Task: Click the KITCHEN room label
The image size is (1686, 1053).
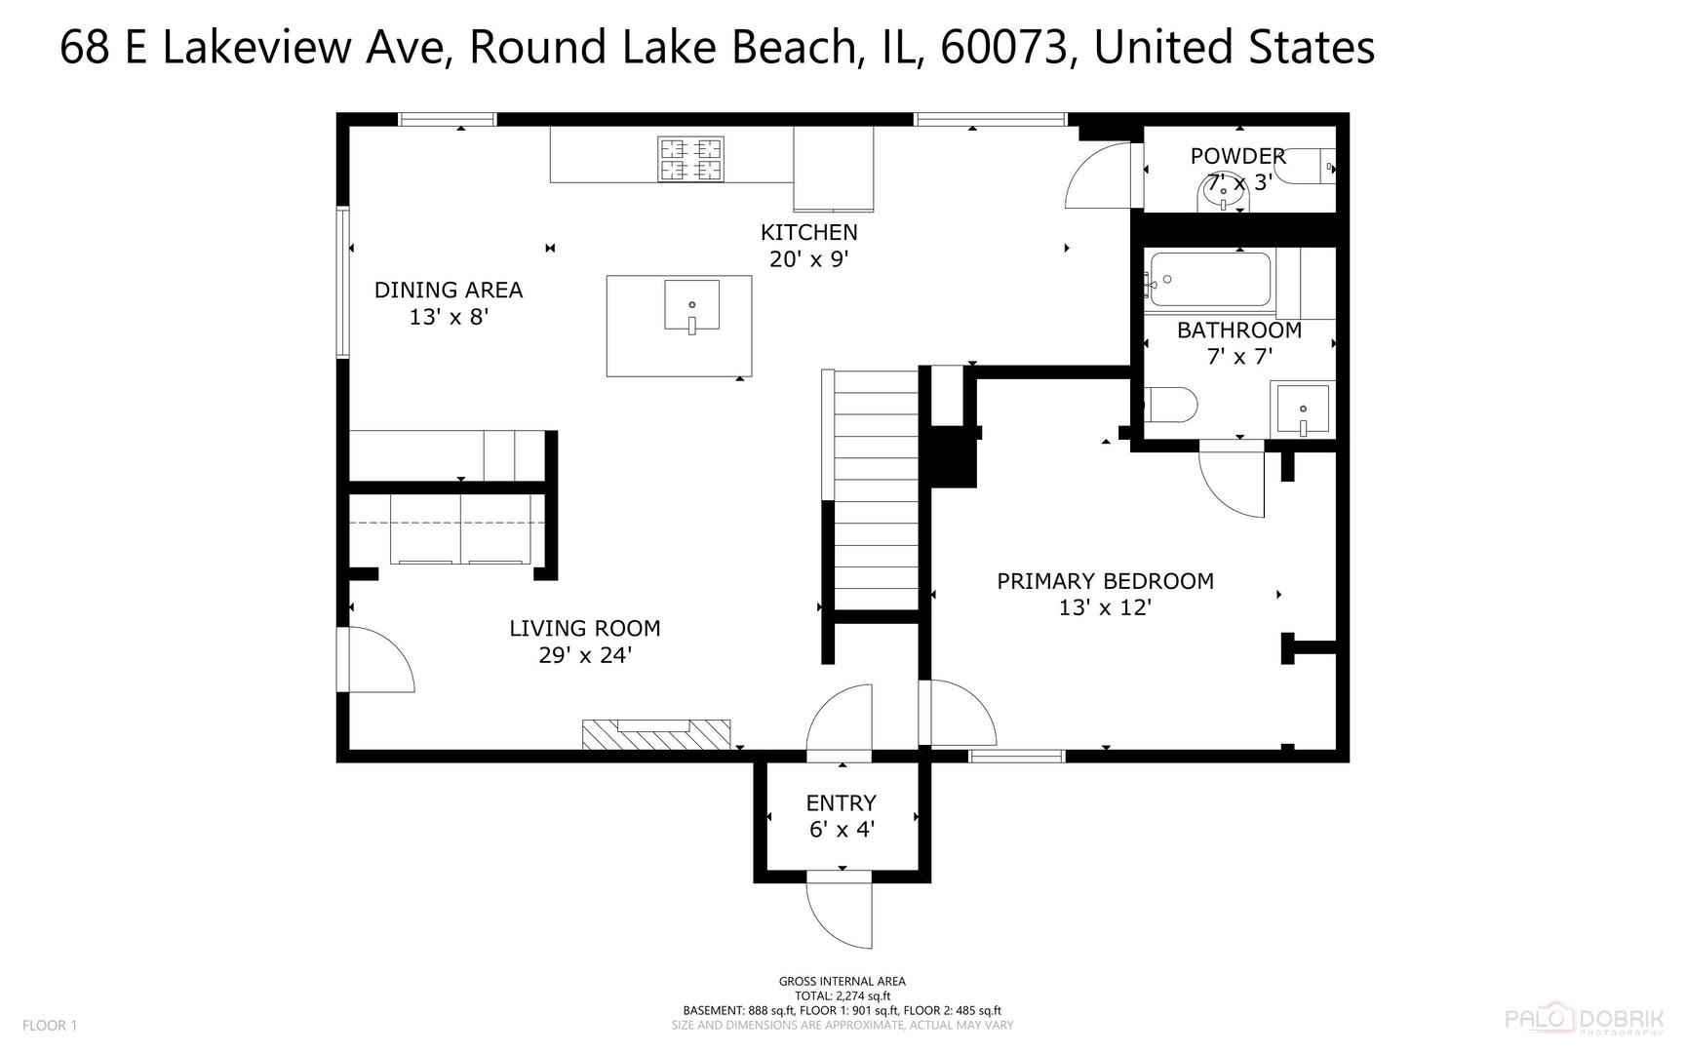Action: click(808, 232)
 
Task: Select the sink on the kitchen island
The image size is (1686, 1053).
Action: click(691, 306)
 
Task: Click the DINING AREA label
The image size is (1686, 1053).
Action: click(449, 290)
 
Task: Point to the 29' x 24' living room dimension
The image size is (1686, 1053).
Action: click(585, 655)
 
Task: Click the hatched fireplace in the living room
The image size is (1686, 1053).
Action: click(655, 734)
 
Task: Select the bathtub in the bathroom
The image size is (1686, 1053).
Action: click(1210, 280)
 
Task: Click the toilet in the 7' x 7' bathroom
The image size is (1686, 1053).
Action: click(1169, 405)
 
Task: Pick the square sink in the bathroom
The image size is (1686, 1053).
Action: click(1302, 410)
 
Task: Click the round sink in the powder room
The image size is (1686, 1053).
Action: click(1223, 196)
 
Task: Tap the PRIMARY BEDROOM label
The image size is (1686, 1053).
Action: click(1105, 581)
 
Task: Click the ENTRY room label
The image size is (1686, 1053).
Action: click(841, 803)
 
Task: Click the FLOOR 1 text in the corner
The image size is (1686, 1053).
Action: click(49, 1025)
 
